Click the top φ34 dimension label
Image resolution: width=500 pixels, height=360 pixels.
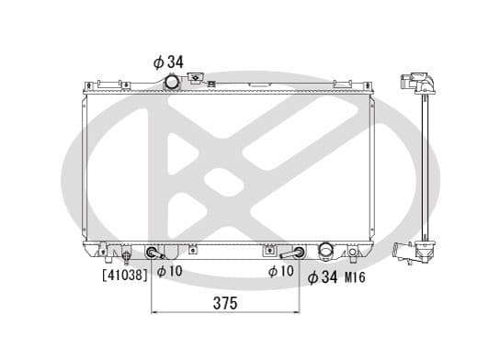pyautogui.click(x=168, y=62)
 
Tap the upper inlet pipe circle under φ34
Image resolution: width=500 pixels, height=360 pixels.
pyautogui.click(x=171, y=83)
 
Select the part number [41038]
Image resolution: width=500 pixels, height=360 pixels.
pyautogui.click(x=125, y=274)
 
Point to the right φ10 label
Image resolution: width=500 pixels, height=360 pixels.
pyautogui.click(x=280, y=273)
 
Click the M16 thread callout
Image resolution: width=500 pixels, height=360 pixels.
pyautogui.click(x=356, y=277)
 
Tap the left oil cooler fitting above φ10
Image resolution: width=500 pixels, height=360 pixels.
pyautogui.click(x=153, y=253)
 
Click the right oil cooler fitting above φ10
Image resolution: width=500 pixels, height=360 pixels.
pyautogui.click(x=296, y=253)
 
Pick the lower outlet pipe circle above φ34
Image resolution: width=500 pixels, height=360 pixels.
pyautogui.click(x=324, y=251)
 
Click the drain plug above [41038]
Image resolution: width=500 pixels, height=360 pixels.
pyautogui.click(x=123, y=255)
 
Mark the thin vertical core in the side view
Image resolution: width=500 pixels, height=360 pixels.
pyautogui.click(x=426, y=165)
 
